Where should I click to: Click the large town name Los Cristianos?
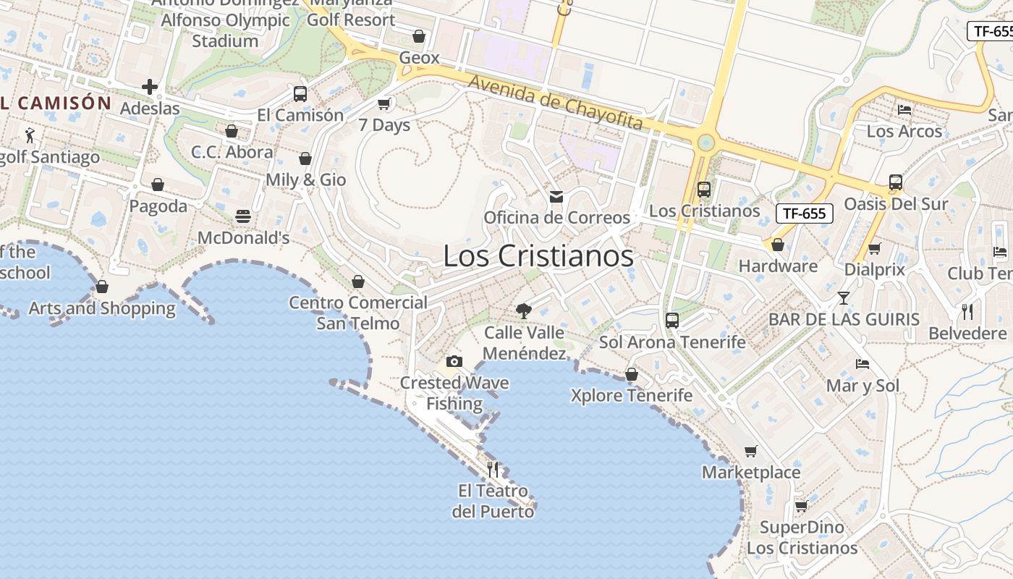pyautogui.click(x=538, y=256)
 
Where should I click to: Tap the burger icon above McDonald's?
pyautogui.click(x=243, y=216)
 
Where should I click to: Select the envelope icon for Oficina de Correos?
pyautogui.click(x=556, y=196)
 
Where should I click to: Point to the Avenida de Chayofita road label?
pyautogui.click(x=555, y=103)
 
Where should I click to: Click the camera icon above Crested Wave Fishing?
pyautogui.click(x=454, y=361)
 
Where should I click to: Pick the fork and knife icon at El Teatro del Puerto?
pyautogui.click(x=493, y=470)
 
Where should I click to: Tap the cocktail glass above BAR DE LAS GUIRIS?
pyautogui.click(x=844, y=297)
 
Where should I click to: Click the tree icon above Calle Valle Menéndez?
pyautogui.click(x=523, y=311)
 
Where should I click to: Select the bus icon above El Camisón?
pyautogui.click(x=300, y=94)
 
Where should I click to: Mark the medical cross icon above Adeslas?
pyautogui.click(x=150, y=87)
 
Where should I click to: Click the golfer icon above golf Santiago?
pyautogui.click(x=30, y=135)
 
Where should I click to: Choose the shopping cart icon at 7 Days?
pyautogui.click(x=384, y=103)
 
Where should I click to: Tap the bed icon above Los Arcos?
pyautogui.click(x=904, y=110)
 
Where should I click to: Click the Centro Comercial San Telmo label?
pyautogui.click(x=358, y=313)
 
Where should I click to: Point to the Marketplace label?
pyautogui.click(x=751, y=473)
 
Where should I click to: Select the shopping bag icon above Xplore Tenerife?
pyautogui.click(x=632, y=374)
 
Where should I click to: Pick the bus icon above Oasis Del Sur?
pyautogui.click(x=896, y=182)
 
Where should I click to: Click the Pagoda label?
pyautogui.click(x=158, y=206)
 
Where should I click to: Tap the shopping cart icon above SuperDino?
pyautogui.click(x=801, y=506)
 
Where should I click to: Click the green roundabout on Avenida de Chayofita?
pyautogui.click(x=705, y=143)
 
